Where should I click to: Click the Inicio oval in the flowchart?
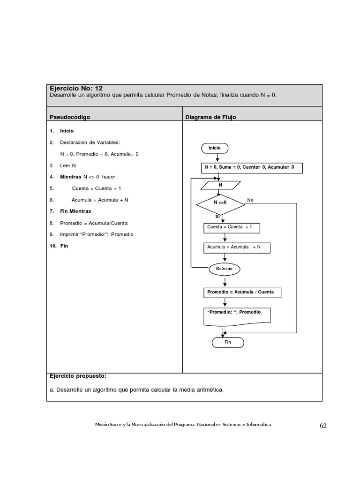215,148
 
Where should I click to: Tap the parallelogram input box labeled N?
220,185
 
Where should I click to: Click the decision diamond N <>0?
220,203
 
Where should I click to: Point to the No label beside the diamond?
250,200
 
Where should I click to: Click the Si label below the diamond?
217,217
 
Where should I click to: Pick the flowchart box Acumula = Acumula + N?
236,247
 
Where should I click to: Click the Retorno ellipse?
224,269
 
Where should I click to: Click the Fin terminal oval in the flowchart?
228,342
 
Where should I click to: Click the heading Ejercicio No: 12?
76,88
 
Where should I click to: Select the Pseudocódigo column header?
70,117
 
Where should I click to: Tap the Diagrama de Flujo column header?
210,117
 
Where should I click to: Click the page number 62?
323,426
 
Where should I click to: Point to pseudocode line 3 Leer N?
68,165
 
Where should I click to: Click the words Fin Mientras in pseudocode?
75,211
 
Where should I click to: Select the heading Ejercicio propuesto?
78,376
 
